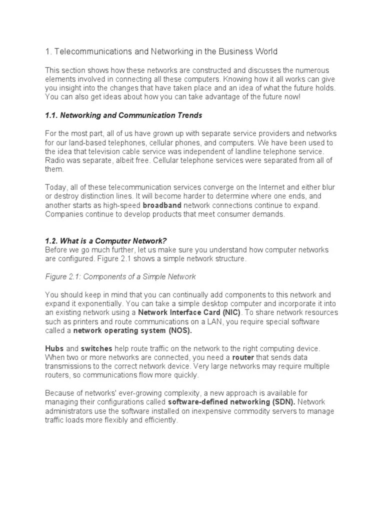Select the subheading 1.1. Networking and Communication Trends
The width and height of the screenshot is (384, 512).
(123, 115)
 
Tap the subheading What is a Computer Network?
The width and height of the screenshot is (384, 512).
(112, 241)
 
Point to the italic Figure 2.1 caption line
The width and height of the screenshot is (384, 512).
(120, 276)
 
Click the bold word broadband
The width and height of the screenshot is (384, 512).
(162, 205)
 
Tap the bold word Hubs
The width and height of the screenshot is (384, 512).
(54, 348)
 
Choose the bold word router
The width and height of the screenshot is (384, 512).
(242, 357)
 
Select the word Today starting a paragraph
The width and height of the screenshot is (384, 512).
(55, 187)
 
